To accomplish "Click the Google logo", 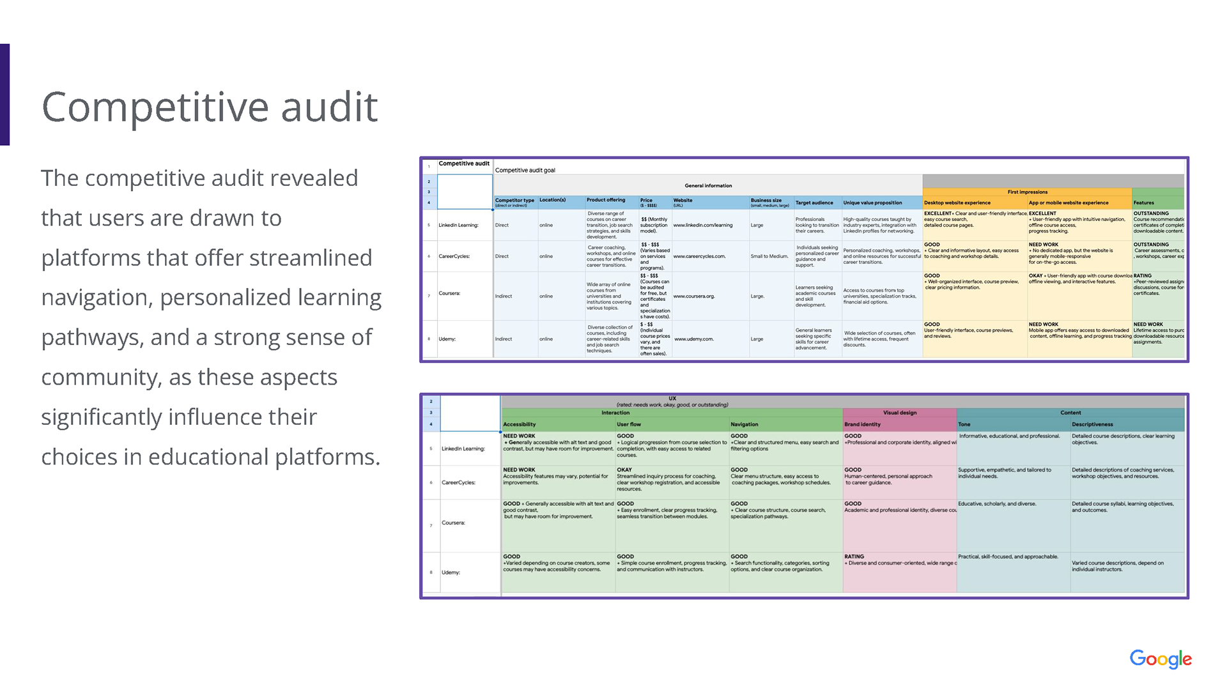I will click(x=1160, y=659).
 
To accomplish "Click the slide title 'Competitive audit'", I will click(x=210, y=106).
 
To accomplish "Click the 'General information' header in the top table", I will click(x=708, y=186).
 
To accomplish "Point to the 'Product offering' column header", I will click(x=606, y=201).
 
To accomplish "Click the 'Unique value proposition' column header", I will click(x=872, y=203).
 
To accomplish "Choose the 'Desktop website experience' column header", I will click(x=957, y=203).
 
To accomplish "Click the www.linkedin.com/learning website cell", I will click(x=703, y=226).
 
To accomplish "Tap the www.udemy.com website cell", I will click(x=693, y=339).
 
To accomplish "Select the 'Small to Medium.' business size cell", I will click(x=769, y=257).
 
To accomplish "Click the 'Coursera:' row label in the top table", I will click(x=449, y=294).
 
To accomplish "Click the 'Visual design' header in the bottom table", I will click(x=899, y=413).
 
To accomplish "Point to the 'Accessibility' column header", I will click(x=519, y=425).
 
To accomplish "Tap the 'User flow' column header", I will click(x=628, y=425).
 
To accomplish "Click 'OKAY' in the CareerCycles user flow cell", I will click(x=624, y=470).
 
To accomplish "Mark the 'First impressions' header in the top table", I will click(x=1027, y=192).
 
